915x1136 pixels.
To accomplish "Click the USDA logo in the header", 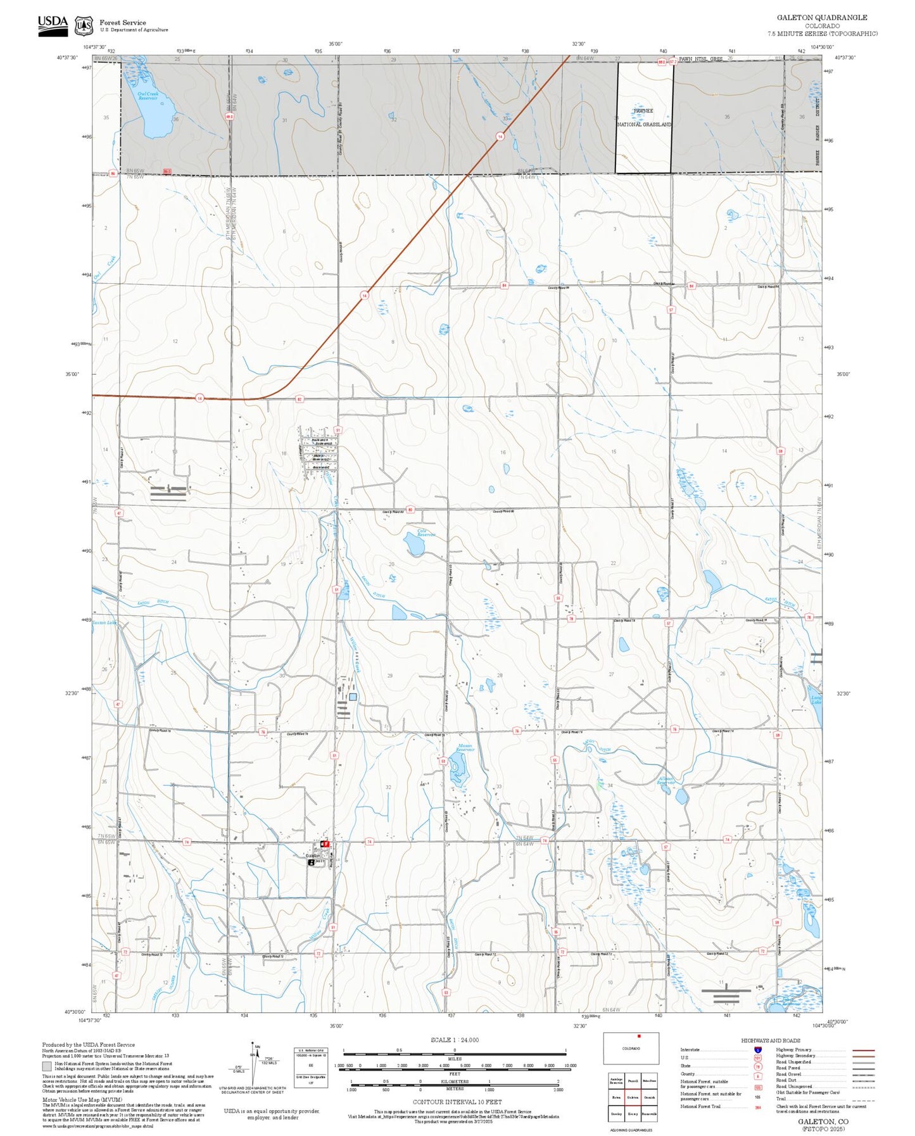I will (53, 25).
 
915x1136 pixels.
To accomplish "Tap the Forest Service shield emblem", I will (84, 26).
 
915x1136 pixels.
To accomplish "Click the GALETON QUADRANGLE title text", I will (822, 18).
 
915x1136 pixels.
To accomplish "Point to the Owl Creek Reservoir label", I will (148, 96).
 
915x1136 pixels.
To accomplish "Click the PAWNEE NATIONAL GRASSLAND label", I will (643, 118).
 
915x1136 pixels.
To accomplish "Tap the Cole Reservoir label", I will (426, 533).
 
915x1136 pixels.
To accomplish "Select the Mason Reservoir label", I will (465, 748).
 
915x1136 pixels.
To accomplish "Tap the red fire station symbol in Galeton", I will (325, 844).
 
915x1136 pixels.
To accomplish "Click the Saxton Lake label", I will (104, 622).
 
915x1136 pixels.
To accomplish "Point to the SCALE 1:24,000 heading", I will (454, 1040).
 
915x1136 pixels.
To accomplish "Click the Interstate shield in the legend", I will (757, 1050).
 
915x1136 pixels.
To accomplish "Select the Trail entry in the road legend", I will (781, 1099).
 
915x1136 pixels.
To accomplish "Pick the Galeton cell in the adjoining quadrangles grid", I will (632, 1098).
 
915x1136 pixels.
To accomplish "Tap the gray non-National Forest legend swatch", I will (47, 1066).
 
